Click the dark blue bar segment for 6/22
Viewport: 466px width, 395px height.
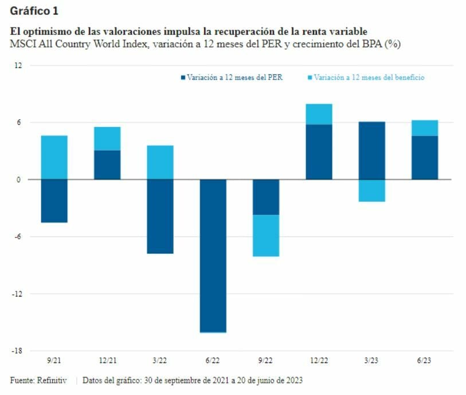[x=213, y=255]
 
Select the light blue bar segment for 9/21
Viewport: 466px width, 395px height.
[x=54, y=157]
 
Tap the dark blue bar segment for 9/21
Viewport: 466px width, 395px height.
[x=54, y=200]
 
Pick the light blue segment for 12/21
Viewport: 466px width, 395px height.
[x=107, y=139]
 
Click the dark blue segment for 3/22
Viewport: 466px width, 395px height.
[x=160, y=216]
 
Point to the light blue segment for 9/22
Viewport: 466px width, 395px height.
[x=266, y=235]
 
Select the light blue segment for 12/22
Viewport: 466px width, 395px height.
[x=319, y=114]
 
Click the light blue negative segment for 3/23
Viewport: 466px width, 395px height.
[x=371, y=190]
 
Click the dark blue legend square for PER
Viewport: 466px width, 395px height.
[x=183, y=77]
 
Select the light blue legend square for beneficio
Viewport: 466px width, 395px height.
[x=310, y=77]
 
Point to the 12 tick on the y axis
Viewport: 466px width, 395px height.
[x=18, y=65]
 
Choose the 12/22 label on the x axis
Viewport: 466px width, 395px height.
[x=319, y=361]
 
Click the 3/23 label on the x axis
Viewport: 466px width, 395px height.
[x=371, y=361]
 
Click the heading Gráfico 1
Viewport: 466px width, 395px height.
[x=34, y=11]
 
